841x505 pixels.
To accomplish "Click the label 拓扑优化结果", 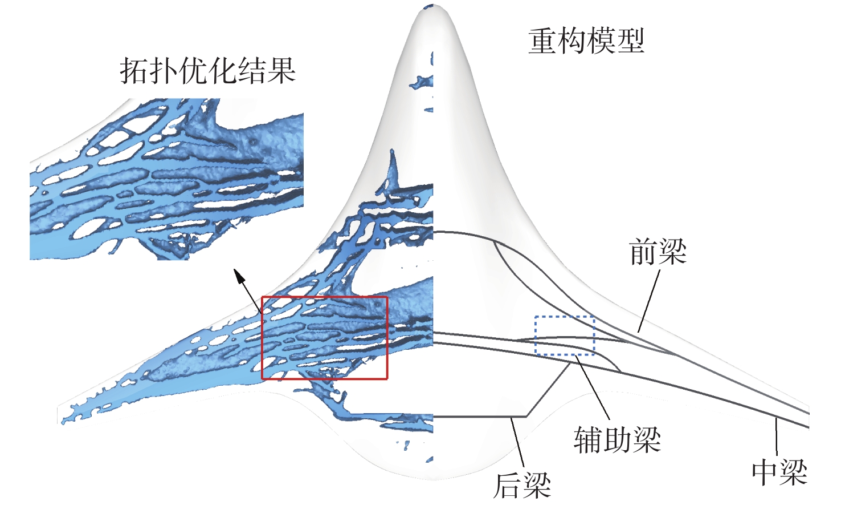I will tap(207, 71).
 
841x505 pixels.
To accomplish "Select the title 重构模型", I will tap(586, 41).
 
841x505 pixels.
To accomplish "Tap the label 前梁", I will tap(658, 252).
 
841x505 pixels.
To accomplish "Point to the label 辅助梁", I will tap(617, 440).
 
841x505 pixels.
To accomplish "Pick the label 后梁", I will tap(522, 485).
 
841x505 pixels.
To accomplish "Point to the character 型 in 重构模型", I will tap(630, 41).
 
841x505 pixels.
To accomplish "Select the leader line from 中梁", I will tap(777, 437).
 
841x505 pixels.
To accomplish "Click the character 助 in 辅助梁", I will tap(617, 440).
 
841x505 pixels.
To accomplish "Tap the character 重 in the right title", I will tap(542, 41).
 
